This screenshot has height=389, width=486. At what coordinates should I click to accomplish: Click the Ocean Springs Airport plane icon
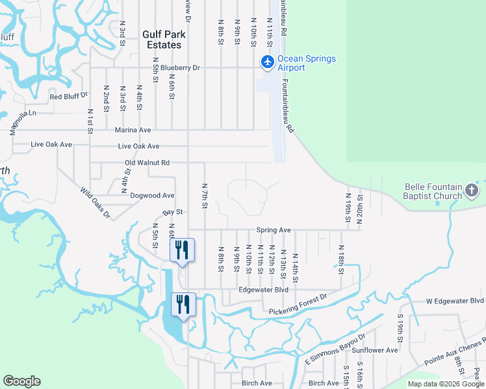pyautogui.click(x=267, y=62)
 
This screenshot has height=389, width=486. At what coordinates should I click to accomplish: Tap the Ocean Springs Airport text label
pyautogui.click(x=307, y=63)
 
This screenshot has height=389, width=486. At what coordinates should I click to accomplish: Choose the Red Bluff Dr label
pyautogui.click(x=68, y=97)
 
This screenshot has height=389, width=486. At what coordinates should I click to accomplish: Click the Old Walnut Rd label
pyautogui.click(x=147, y=163)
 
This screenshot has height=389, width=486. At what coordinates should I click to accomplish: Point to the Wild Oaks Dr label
pyautogui.click(x=96, y=203)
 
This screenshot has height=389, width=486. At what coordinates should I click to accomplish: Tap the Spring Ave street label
pyautogui.click(x=273, y=230)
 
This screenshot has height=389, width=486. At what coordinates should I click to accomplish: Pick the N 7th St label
pyautogui.click(x=204, y=195)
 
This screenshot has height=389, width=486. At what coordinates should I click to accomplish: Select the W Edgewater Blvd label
pyautogui.click(x=455, y=301)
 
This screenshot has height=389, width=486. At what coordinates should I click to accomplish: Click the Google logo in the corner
pyautogui.click(x=21, y=381)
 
